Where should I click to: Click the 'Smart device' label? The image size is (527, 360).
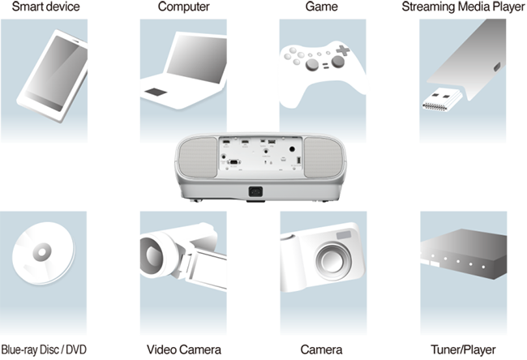(x=45, y=6)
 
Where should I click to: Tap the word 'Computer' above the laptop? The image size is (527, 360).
(x=183, y=6)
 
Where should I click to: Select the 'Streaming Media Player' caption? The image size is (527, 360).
(x=463, y=6)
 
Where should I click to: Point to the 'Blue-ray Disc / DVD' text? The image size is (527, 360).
(x=44, y=349)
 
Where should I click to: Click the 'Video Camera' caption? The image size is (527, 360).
(x=184, y=349)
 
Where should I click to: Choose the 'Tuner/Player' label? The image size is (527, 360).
(x=463, y=350)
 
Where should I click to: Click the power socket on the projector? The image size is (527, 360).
(x=255, y=191)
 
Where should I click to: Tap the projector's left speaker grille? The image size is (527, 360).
(x=198, y=157)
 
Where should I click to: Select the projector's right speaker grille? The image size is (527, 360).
(x=323, y=157)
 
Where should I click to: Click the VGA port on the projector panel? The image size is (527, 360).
(x=234, y=162)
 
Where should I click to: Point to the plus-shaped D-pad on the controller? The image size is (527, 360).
(x=343, y=50)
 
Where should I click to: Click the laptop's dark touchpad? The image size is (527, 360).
(x=156, y=92)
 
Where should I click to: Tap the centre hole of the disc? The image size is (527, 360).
(x=42, y=252)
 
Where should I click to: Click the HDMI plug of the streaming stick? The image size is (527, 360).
(x=442, y=100)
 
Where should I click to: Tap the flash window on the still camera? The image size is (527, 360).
(x=344, y=234)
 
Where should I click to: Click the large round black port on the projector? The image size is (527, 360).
(x=292, y=149)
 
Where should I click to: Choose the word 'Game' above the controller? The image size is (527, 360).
(x=321, y=6)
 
